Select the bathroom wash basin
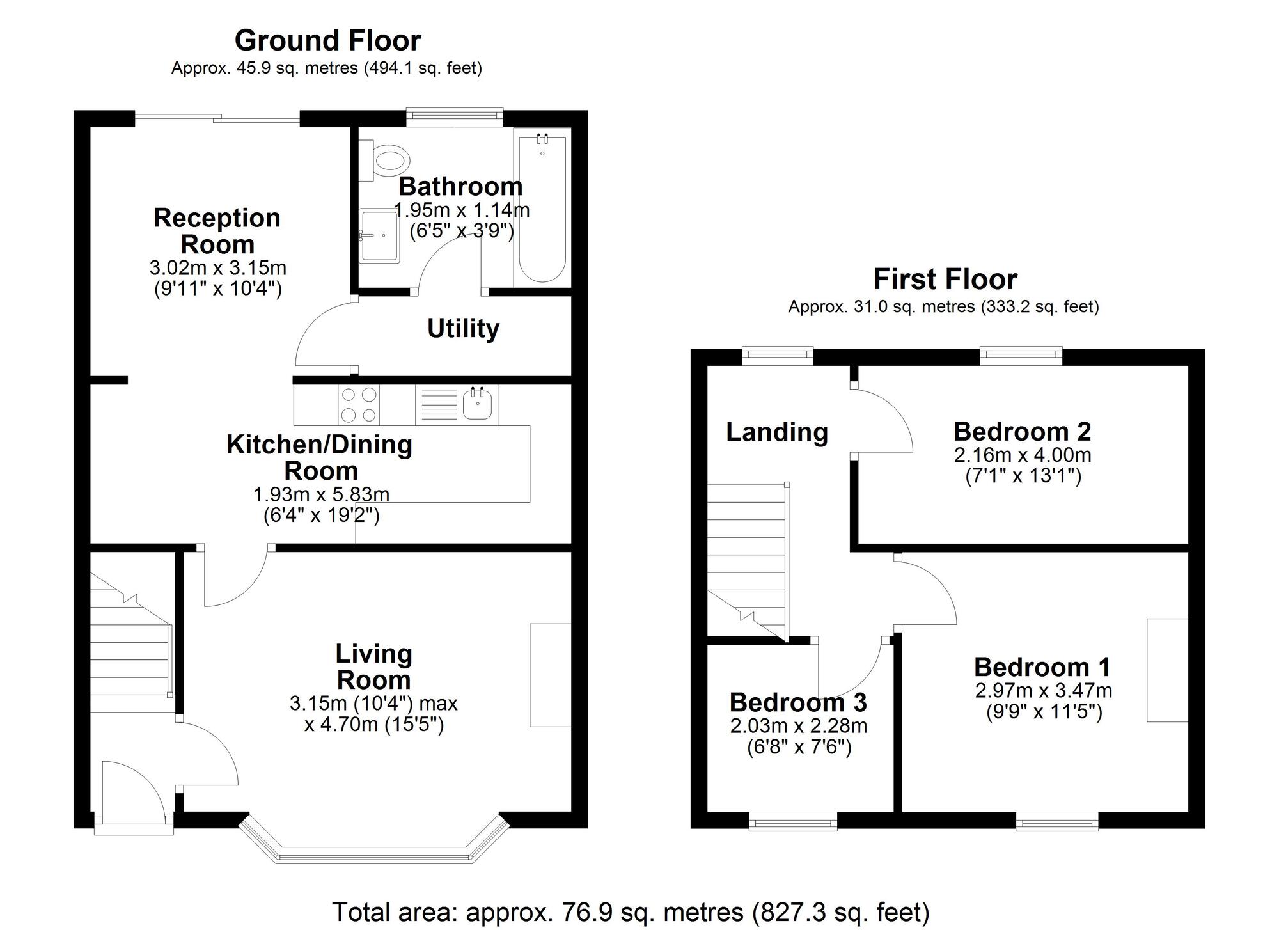click(379, 236)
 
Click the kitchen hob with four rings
click(358, 405)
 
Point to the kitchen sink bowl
click(477, 404)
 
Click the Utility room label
click(464, 329)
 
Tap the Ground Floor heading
click(327, 41)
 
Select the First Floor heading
click(945, 280)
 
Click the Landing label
click(777, 432)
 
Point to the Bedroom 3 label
click(798, 702)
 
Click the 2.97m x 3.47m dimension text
click(1044, 691)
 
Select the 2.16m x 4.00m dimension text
click(1023, 455)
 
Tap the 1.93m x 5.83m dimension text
click(321, 494)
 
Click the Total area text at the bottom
click(631, 911)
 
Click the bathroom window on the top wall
click(455, 116)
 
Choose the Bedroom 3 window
click(793, 821)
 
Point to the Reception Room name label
click(217, 231)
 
